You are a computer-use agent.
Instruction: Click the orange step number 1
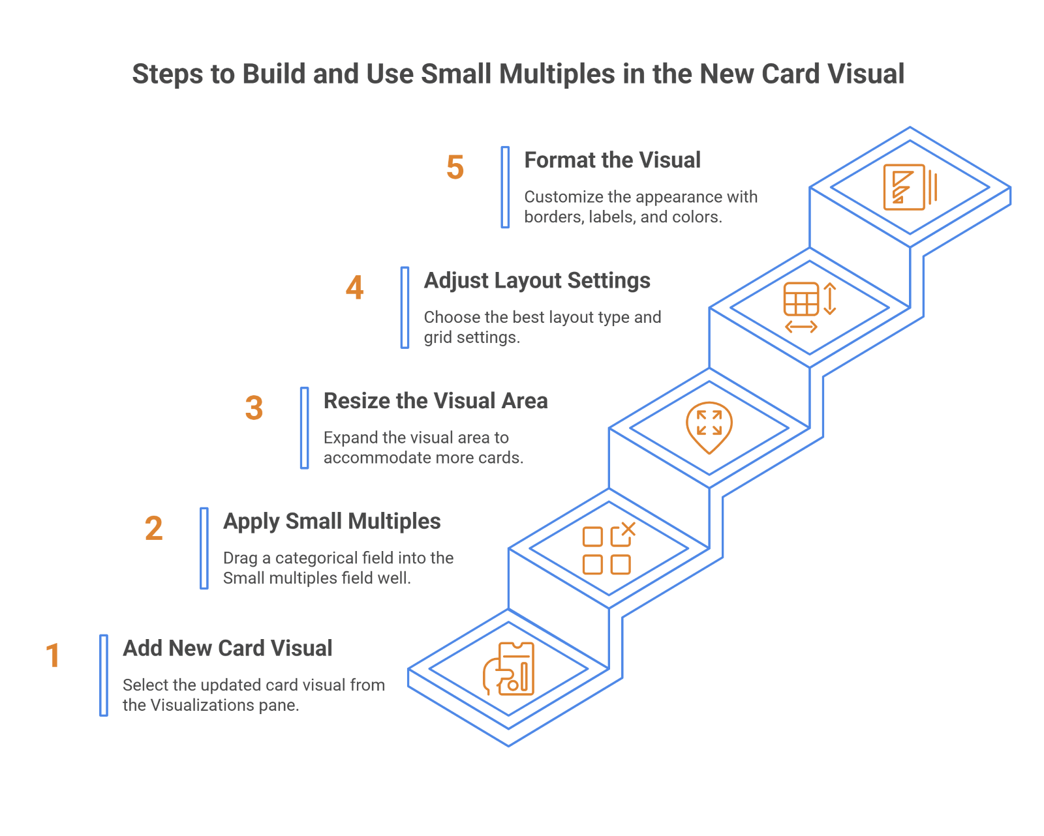[53, 655]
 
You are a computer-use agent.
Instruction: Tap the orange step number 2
[153, 528]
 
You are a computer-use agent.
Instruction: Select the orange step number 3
[254, 408]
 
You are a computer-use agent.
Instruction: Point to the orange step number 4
[354, 288]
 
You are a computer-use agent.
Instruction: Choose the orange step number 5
[455, 168]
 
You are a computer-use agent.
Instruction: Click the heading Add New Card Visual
[228, 648]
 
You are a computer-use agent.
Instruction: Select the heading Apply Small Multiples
[331, 521]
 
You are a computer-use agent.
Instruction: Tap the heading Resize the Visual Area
[435, 400]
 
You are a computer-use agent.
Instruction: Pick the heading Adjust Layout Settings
[536, 280]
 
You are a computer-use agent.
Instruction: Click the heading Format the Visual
[612, 160]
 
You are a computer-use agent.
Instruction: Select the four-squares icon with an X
[608, 548]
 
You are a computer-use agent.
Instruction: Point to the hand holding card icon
[508, 669]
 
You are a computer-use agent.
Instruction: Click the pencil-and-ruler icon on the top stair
[910, 187]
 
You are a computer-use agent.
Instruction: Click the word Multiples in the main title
[557, 74]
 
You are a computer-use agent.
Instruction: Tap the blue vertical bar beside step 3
[304, 428]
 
